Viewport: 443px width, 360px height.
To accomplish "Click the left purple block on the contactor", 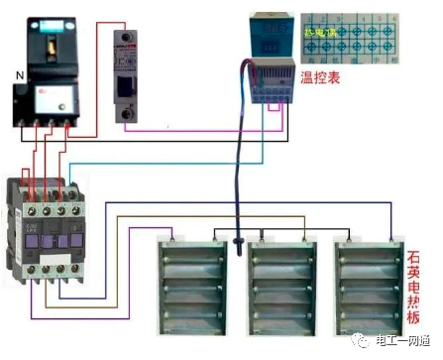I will tap(33, 234).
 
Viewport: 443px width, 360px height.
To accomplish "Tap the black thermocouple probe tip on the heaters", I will tap(240, 242).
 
